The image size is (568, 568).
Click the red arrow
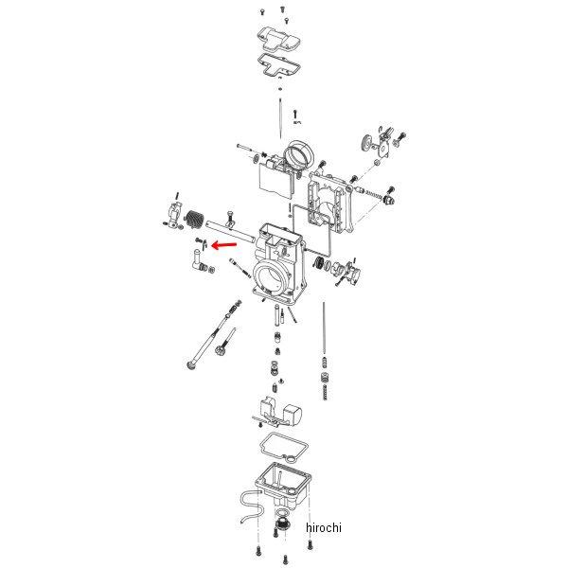(x=223, y=245)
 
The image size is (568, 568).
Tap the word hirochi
(x=324, y=527)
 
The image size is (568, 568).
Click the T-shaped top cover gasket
(x=279, y=66)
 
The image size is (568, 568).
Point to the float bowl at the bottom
(x=283, y=485)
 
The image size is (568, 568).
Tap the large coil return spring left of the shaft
(x=193, y=220)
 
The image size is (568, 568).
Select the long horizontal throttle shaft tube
(x=230, y=232)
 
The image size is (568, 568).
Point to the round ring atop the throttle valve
(x=300, y=155)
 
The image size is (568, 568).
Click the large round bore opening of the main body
(x=270, y=276)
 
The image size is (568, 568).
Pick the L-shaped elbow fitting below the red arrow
(x=199, y=259)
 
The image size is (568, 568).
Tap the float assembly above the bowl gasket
(x=278, y=411)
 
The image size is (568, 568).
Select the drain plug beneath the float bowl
(x=281, y=524)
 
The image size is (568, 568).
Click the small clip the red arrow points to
(x=204, y=245)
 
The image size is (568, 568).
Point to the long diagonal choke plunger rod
(x=214, y=336)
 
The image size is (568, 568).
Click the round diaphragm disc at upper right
(x=368, y=143)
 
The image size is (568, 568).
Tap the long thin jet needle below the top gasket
(x=281, y=118)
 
